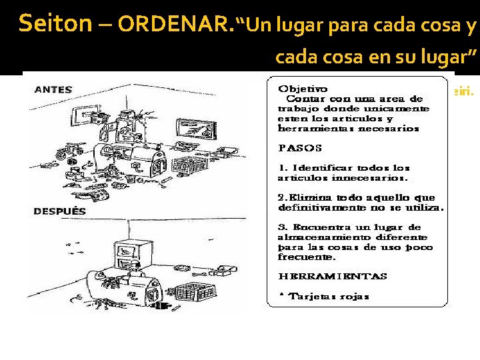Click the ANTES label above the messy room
point(53,89)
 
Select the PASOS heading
point(299,147)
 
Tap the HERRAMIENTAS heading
point(332,276)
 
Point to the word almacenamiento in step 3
point(317,237)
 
